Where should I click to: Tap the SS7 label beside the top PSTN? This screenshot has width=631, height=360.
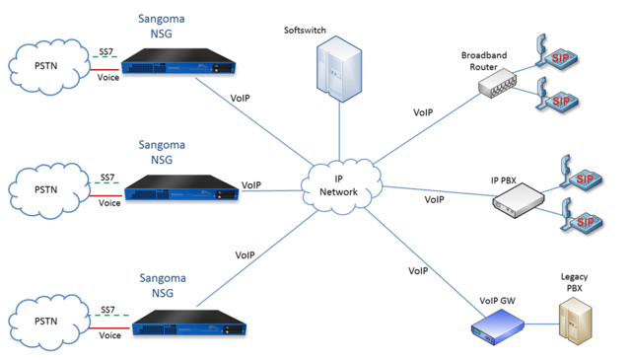[106, 52]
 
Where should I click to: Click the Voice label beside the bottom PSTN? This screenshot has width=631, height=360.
[108, 335]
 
